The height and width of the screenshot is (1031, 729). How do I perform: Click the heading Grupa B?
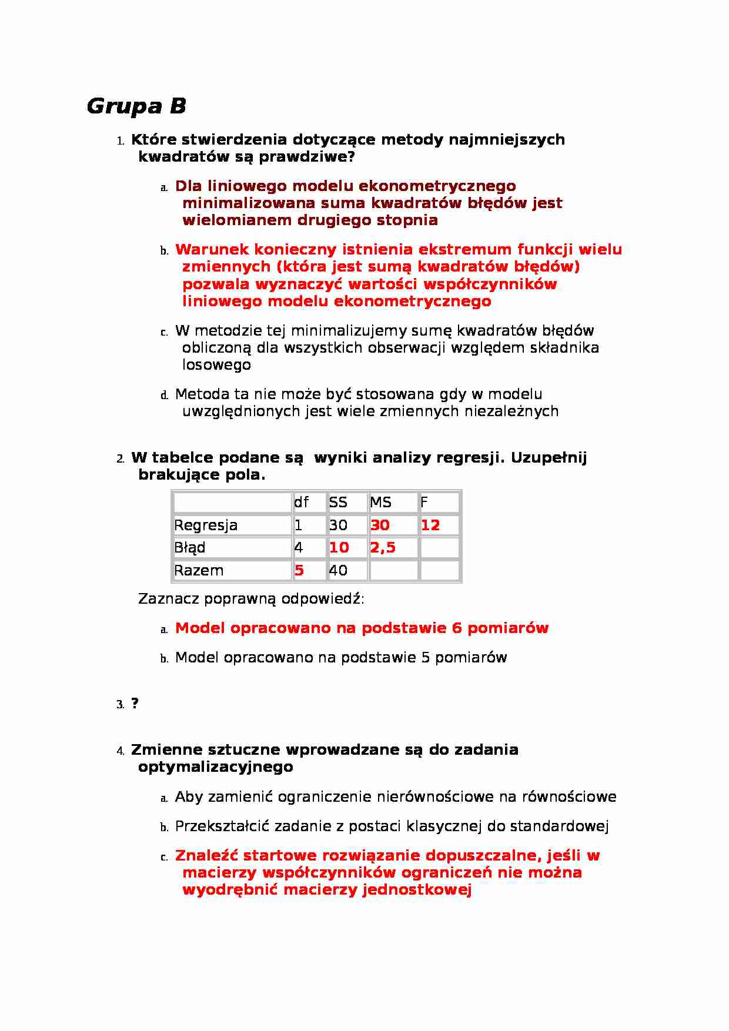pyautogui.click(x=136, y=106)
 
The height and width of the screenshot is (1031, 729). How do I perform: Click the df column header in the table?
pyautogui.click(x=301, y=503)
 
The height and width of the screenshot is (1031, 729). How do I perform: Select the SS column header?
pyautogui.click(x=338, y=503)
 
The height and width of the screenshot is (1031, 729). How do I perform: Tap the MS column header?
pyautogui.click(x=380, y=503)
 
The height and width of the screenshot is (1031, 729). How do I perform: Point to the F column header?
pyautogui.click(x=424, y=503)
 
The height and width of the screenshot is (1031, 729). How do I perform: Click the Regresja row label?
pyautogui.click(x=206, y=525)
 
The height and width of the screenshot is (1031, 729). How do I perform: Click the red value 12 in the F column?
pyautogui.click(x=430, y=525)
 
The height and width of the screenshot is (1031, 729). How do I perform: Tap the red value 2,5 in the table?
pyautogui.click(x=382, y=548)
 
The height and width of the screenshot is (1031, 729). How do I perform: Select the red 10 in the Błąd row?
pyautogui.click(x=339, y=548)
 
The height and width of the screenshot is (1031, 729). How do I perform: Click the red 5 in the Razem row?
pyautogui.click(x=299, y=570)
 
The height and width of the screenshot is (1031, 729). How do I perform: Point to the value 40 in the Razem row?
pyautogui.click(x=338, y=570)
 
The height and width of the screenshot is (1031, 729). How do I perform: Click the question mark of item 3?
pyautogui.click(x=135, y=704)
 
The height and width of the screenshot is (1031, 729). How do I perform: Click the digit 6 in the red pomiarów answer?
pyautogui.click(x=457, y=628)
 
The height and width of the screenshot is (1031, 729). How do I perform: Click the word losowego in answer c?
pyautogui.click(x=216, y=365)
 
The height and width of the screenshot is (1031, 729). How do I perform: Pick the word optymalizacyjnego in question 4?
pyautogui.click(x=215, y=767)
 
